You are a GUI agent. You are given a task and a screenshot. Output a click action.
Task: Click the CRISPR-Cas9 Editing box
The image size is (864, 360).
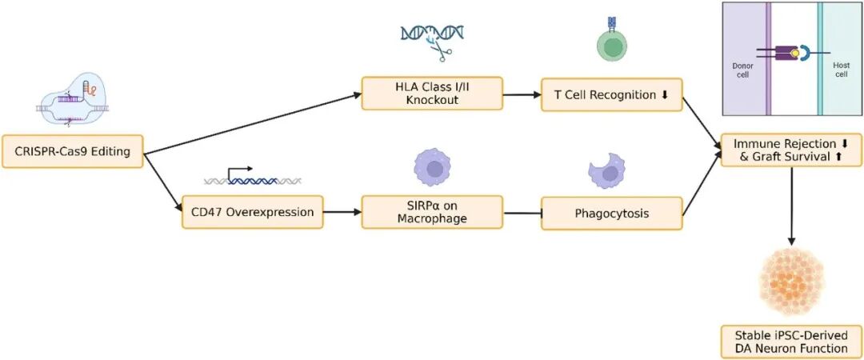72,150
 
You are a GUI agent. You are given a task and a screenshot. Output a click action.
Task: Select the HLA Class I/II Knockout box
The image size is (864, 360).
432,94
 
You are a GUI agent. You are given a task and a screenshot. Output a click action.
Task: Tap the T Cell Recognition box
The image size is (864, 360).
612,94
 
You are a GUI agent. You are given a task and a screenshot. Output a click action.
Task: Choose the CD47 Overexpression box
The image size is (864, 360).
253,213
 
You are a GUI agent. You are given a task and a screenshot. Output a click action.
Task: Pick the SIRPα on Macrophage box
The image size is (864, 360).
432,213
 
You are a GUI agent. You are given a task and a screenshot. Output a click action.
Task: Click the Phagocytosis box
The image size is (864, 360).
612,214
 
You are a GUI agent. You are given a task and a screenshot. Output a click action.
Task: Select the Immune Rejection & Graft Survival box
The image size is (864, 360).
791,150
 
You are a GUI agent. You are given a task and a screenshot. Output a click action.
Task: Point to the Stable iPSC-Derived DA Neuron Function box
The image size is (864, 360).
791,341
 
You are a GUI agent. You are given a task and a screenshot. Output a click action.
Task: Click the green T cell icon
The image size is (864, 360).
612,45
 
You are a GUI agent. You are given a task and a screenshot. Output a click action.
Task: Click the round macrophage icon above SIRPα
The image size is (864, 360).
433,168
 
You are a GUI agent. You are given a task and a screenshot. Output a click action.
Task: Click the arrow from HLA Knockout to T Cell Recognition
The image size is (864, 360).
522,94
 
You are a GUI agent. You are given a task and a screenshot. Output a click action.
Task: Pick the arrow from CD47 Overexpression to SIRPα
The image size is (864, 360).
342,213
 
